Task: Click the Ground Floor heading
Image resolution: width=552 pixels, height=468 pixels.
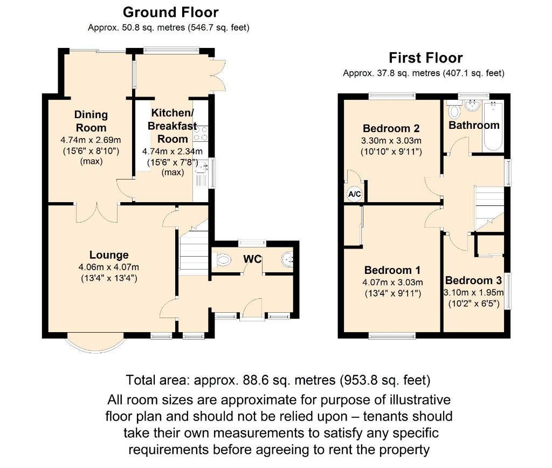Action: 170,12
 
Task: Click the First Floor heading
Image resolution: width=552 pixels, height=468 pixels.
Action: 425,58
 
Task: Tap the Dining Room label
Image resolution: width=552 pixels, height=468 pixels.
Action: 91,121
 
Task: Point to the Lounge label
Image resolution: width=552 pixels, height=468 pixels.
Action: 109,255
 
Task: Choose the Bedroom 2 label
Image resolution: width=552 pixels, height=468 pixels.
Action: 391,128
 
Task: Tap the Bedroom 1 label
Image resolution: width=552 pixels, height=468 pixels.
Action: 392,270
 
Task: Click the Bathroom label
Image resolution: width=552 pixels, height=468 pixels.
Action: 474,125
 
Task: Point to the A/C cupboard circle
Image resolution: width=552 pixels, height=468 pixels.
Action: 354,194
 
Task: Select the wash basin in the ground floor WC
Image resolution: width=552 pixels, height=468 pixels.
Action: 287,260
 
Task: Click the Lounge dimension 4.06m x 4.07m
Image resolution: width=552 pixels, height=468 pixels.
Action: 109,267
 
